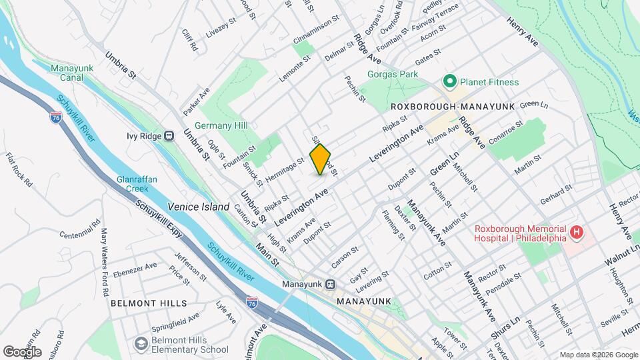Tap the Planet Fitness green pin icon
(x=449, y=82)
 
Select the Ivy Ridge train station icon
(x=169, y=136)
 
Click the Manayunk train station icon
(x=329, y=283)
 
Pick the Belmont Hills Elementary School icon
(x=141, y=343)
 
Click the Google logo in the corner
(x=22, y=351)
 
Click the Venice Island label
(x=199, y=207)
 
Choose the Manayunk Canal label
(x=71, y=73)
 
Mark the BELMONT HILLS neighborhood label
(x=149, y=303)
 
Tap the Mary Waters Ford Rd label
(x=105, y=254)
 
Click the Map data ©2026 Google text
(x=597, y=355)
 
